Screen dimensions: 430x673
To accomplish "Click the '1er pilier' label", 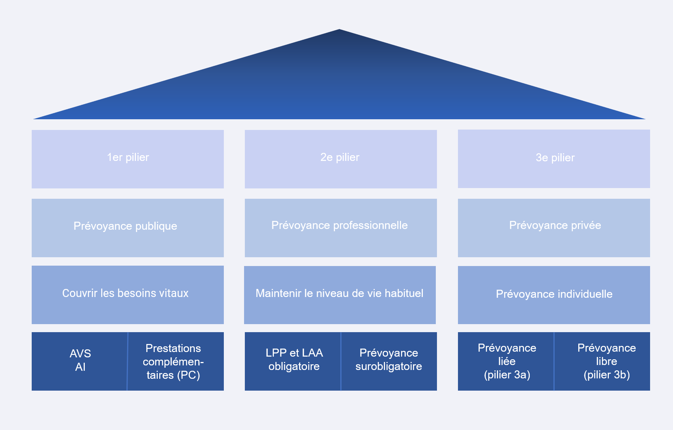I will [x=128, y=157].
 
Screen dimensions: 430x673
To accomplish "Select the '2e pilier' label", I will [x=340, y=157].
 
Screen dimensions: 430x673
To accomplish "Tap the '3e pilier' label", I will [x=555, y=158].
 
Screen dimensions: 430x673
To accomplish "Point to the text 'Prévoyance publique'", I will [x=125, y=226].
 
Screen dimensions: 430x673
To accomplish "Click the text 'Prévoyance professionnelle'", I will [x=340, y=226].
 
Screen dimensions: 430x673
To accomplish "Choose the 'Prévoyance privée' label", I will [x=555, y=226].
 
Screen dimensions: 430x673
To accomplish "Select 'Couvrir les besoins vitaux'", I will [x=125, y=293].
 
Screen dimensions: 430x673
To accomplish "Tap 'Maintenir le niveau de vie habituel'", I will [x=340, y=294].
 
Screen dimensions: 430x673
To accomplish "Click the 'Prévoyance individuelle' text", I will [x=554, y=294].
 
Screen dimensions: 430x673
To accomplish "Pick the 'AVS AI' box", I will [x=80, y=361].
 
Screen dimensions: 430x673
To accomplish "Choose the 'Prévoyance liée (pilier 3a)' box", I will [x=506, y=362].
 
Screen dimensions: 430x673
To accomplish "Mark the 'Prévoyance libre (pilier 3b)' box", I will [x=606, y=362].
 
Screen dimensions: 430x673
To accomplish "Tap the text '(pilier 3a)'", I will [x=507, y=375].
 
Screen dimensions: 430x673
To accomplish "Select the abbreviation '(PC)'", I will [x=189, y=375].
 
